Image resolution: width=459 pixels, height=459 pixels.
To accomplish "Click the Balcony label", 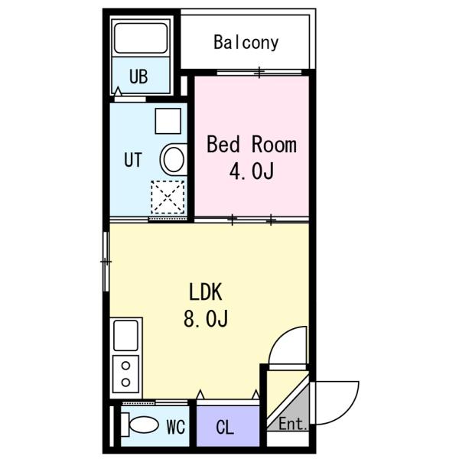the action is coord(246,43).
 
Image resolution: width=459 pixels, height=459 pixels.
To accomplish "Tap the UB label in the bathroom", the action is coord(138,76).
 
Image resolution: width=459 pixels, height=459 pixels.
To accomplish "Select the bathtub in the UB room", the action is coord(141,38).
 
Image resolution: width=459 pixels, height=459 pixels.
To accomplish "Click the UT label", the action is coord(133,160).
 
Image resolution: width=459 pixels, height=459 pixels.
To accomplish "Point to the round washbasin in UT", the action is coord(174,160).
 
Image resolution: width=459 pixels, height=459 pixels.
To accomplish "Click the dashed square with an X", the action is coord(168,197).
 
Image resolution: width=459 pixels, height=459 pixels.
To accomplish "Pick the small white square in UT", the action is coord(168,121).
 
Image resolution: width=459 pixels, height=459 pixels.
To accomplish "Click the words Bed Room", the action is coord(252,144).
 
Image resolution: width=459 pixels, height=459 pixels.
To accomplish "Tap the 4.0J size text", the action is coord(252,171).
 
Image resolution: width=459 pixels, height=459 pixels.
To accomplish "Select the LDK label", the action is coord(206,292).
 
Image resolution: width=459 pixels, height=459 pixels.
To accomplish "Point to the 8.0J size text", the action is coord(206,318).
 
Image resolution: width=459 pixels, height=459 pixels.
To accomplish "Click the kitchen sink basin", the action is coord(125,336).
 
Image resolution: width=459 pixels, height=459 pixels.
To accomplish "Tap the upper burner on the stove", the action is coord(125,366).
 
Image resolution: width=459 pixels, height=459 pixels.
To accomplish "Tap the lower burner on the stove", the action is coord(125,382).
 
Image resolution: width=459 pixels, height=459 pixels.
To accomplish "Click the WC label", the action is coord(176,427).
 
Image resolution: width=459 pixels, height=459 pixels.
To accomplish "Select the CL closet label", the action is coord(225,428).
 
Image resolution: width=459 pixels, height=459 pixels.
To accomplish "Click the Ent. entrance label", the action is coord(293,424).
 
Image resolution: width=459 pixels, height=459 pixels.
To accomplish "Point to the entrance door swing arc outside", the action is coord(348,412).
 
